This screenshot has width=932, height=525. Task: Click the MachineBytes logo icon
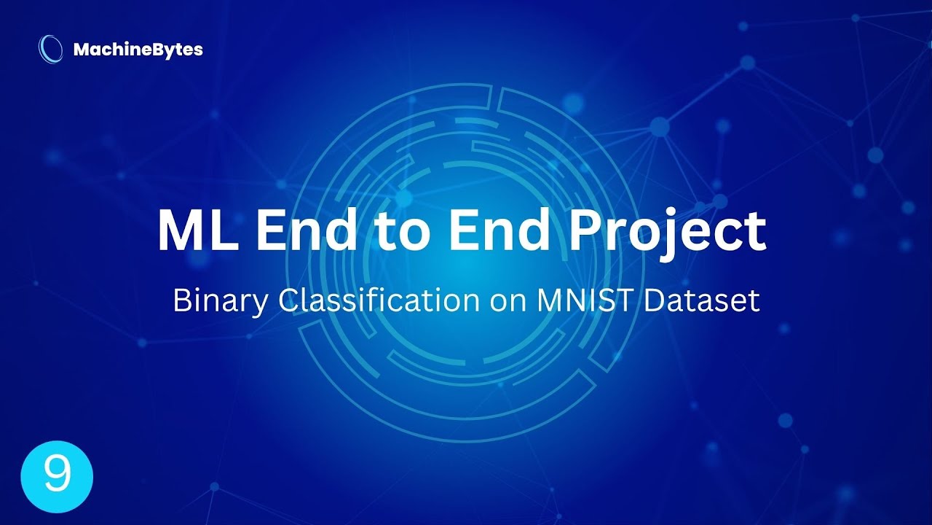point(50,49)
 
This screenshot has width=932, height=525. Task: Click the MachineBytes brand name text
point(138,50)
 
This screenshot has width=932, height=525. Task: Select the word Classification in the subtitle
point(371,300)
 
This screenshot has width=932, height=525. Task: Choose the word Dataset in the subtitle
point(703,300)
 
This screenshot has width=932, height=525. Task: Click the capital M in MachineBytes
point(80,50)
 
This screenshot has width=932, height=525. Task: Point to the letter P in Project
point(585,230)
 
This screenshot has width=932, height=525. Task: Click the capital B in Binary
point(180,300)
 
